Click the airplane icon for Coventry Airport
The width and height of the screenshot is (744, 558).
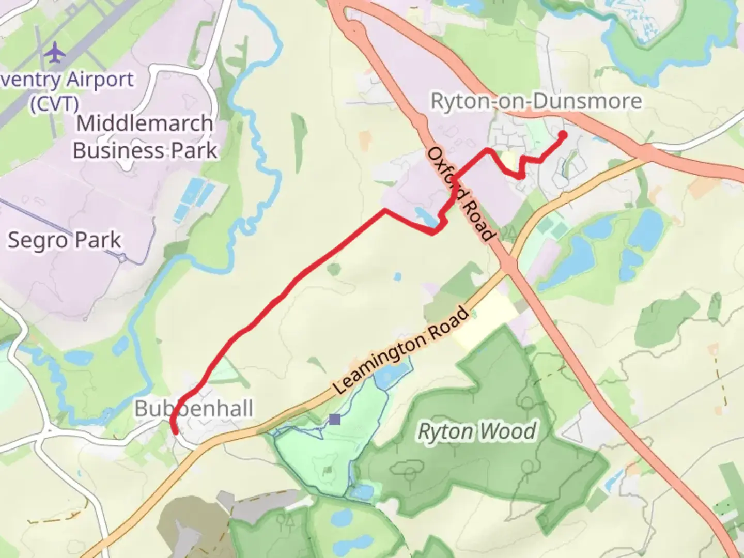[55, 53]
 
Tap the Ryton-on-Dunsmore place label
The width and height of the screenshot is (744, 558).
[536, 101]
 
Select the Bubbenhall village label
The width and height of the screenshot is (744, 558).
[194, 409]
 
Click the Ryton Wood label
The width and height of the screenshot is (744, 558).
[477, 431]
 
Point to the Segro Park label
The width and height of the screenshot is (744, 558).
[64, 240]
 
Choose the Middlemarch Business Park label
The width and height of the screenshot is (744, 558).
[145, 137]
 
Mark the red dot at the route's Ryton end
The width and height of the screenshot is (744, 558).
[562, 135]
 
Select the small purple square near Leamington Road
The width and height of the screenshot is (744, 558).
[335, 419]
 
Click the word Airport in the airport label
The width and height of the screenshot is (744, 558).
[100, 80]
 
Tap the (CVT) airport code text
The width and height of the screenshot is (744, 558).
[54, 104]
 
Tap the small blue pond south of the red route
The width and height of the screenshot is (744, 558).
[397, 277]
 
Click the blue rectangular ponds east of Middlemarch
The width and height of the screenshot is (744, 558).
[191, 199]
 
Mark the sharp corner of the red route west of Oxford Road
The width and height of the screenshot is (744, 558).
[384, 210]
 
